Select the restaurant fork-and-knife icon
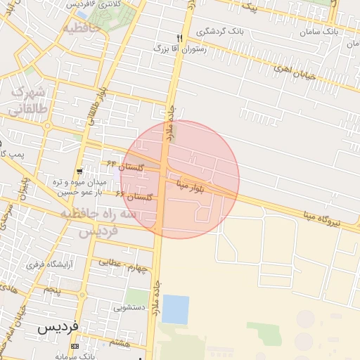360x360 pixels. click(x=181, y=38)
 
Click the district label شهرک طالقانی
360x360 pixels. click(x=30, y=101)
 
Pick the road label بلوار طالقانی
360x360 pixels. click(x=92, y=105)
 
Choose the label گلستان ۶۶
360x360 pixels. click(x=134, y=196)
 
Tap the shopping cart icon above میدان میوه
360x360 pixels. click(x=82, y=169)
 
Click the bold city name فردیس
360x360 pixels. click(x=59, y=327)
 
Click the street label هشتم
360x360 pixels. click(x=120, y=342)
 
